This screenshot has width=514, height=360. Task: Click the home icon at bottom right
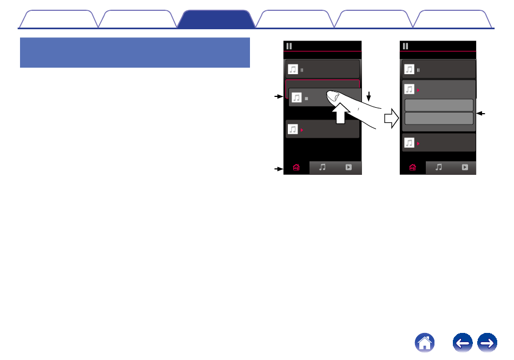point(425,343)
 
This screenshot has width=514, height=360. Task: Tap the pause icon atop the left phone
point(289,46)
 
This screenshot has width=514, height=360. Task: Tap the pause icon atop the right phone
point(405,46)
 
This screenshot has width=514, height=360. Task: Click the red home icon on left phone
point(296,168)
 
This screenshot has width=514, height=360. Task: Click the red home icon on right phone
point(413,168)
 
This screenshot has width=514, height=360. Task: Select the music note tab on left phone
point(322,168)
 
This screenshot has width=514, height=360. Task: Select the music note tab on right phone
point(439,168)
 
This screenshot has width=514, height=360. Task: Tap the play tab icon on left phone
point(349,168)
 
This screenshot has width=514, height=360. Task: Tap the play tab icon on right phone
point(465,168)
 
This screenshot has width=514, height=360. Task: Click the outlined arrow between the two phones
point(391,117)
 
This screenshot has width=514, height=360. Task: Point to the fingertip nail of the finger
point(333,96)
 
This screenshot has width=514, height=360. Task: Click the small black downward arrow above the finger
point(368,97)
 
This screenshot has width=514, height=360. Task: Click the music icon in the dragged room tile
point(296,98)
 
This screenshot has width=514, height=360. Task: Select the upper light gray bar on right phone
point(439,105)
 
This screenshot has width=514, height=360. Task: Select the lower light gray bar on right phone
point(439,119)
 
